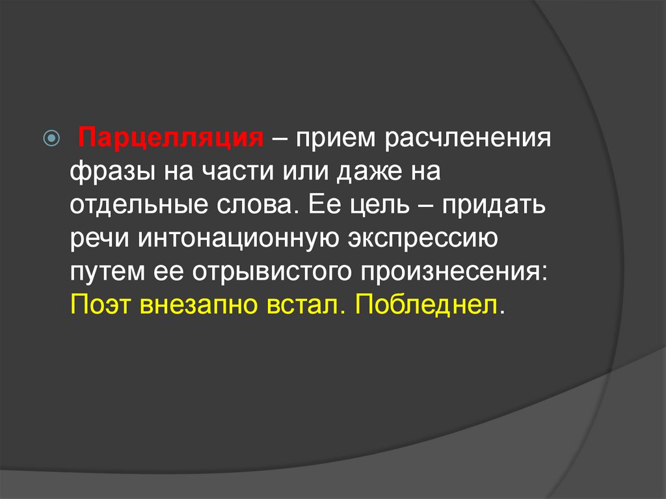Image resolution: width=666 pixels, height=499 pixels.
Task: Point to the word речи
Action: click(x=99, y=239)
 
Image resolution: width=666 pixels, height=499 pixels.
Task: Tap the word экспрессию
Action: click(x=423, y=239)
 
